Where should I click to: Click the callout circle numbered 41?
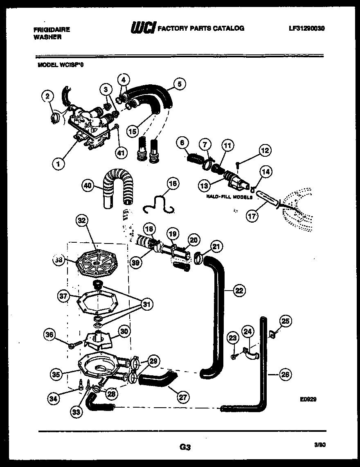[119, 153]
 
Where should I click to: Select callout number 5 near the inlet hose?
[179, 84]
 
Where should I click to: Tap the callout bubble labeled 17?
[252, 217]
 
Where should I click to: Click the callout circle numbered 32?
[82, 221]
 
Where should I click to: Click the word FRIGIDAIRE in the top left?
[52, 29]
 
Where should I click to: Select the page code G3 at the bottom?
[185, 447]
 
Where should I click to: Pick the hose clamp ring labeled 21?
[199, 257]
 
